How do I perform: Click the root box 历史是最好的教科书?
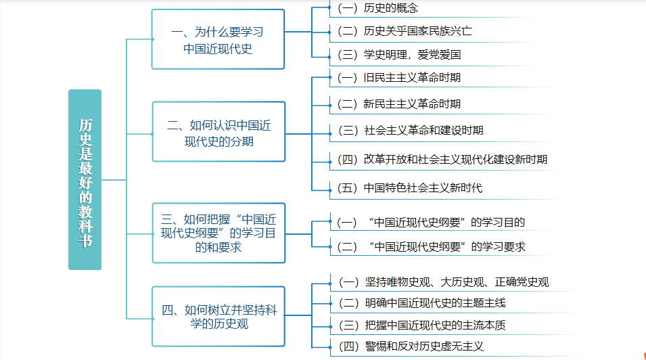point(85,180)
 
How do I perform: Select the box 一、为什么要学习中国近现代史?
point(218,40)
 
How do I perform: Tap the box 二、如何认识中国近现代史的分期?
point(218,133)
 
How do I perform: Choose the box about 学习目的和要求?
point(218,233)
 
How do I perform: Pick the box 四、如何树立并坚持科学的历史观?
point(218,317)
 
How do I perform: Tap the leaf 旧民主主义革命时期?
point(398,77)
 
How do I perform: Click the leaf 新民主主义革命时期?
point(398,104)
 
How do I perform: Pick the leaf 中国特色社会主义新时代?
point(410,187)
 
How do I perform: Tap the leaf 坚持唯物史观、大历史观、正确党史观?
point(442,282)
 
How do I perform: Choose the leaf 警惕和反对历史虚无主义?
point(410,346)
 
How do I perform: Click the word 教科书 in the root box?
point(85,225)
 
